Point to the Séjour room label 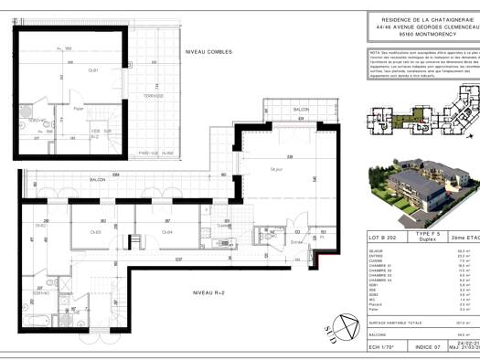point(276,169)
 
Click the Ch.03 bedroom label point(94,231)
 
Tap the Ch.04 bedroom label point(168,231)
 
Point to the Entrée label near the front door point(296,242)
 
